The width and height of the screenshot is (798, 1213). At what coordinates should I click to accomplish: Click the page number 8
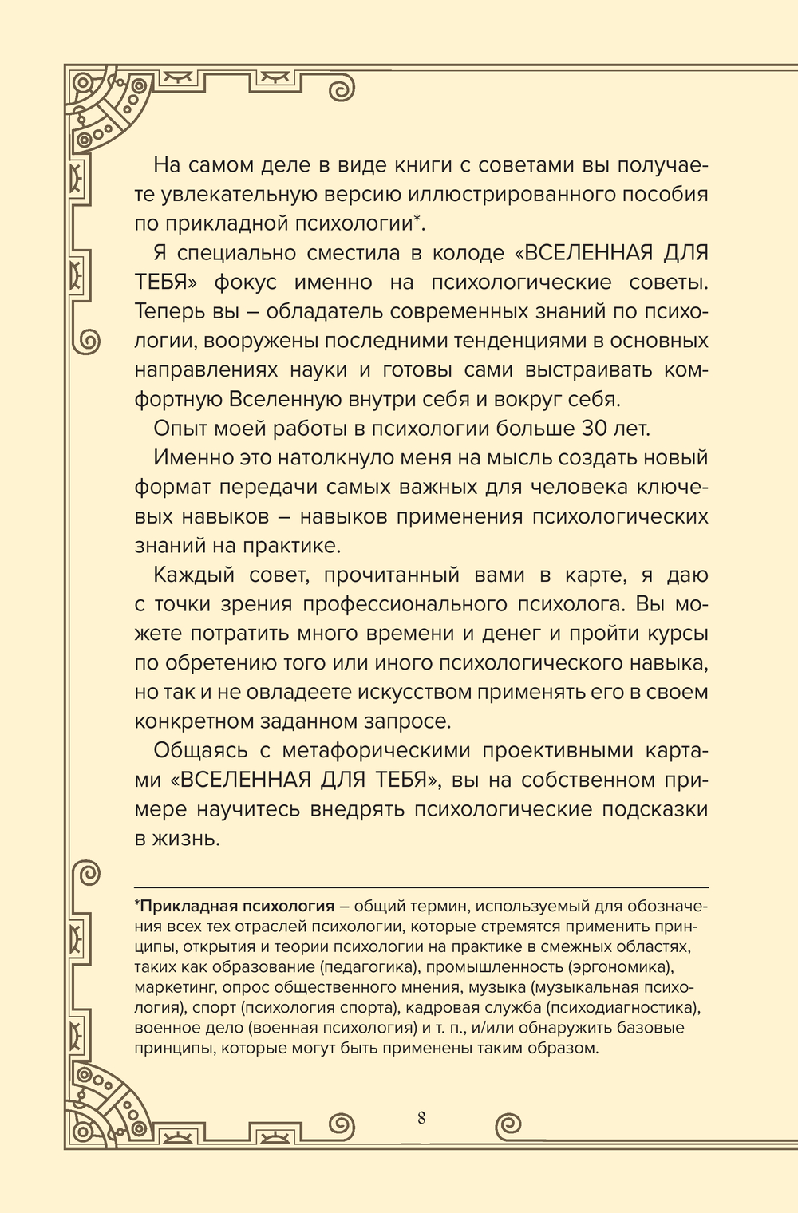click(421, 1116)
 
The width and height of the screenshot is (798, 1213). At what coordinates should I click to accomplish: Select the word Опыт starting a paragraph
click(180, 428)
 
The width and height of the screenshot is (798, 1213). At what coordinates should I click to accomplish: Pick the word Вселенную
click(281, 399)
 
